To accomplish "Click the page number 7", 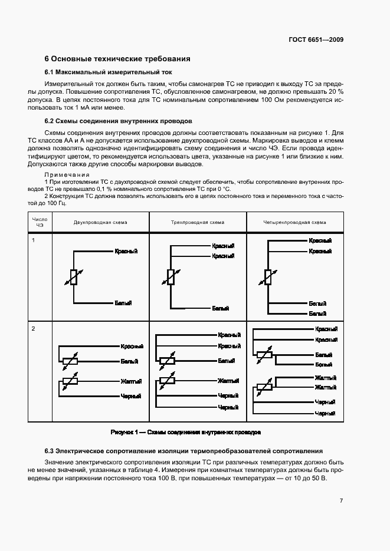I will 341,501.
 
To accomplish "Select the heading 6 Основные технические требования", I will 117,59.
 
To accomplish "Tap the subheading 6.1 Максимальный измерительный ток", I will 108,72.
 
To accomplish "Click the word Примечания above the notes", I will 67,174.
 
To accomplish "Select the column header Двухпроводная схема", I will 100,222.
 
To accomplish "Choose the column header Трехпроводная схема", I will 198,222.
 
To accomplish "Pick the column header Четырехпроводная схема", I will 294,222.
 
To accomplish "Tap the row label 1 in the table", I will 34,240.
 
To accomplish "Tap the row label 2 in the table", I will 34,328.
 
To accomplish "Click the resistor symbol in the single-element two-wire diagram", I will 73,277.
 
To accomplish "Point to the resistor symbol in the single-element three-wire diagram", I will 171,277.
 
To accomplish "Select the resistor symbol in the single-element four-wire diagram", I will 268,277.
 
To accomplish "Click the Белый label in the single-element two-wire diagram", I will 123,302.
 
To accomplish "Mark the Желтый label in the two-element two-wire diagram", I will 130,381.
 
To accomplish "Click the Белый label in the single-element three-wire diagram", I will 221,308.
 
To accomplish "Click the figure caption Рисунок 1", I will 186,432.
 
